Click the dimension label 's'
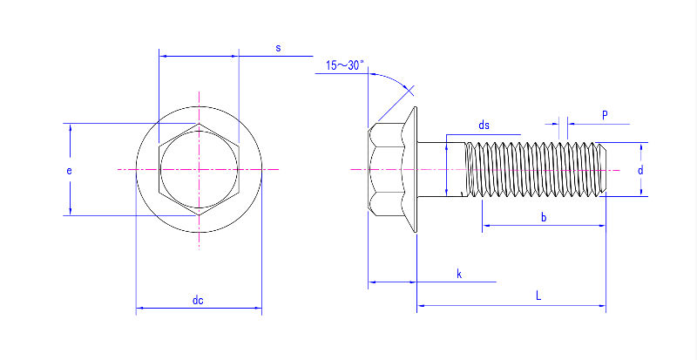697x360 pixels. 278,49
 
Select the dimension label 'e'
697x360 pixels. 69,171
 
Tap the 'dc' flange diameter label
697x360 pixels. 198,301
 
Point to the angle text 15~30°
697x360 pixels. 346,66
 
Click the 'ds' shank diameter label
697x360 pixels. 484,126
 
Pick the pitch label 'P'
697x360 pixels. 605,115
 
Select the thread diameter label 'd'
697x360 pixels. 639,171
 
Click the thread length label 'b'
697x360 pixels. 544,217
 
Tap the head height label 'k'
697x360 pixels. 459,275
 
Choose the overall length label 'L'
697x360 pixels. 538,297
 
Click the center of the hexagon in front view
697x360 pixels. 200,168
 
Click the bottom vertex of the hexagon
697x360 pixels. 200,214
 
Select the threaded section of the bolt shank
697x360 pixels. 536,168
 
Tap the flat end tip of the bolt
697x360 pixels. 605,168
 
